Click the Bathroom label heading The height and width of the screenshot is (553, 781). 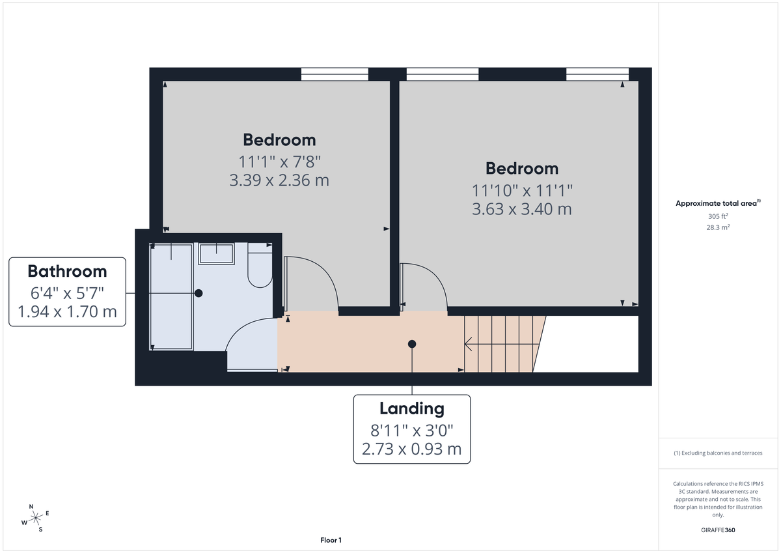click(67, 271)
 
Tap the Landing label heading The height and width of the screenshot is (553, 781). click(411, 408)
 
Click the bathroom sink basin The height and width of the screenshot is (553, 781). click(216, 253)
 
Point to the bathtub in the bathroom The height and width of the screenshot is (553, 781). click(171, 296)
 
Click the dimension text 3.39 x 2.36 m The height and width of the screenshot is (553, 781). click(279, 180)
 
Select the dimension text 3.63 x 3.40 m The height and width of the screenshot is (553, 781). click(522, 209)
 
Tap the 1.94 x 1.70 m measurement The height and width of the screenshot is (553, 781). click(67, 312)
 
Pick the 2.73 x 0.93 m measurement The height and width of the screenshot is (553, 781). click(411, 449)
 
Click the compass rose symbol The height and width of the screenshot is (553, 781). click(36, 518)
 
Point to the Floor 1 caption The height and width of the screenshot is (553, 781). click(331, 540)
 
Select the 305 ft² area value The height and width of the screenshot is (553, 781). click(718, 216)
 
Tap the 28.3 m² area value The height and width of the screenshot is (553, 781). click(718, 227)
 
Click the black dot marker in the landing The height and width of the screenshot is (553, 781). click(412, 344)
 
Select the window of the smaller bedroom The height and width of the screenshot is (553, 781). click(335, 74)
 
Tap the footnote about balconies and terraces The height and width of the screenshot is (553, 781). click(718, 453)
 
